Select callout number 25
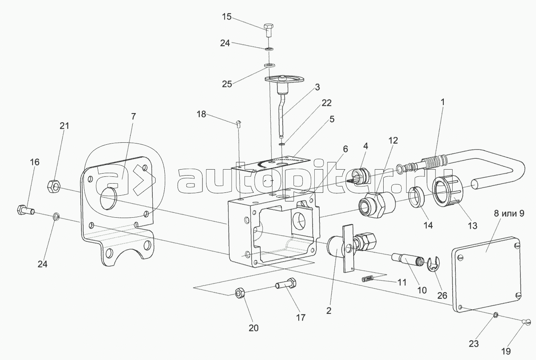227,84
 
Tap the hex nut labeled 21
54,186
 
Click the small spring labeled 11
368,279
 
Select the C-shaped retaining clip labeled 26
433,264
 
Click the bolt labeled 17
286,285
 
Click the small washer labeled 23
496,315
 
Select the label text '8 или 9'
509,214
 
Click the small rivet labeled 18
239,122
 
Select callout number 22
326,103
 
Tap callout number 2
329,310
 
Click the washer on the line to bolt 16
56,217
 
